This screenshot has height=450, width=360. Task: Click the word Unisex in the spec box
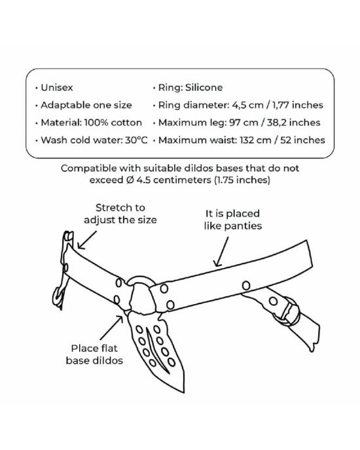pos(57,88)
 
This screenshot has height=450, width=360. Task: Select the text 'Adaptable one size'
pos(86,105)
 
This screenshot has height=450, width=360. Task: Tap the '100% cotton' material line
pos(113,122)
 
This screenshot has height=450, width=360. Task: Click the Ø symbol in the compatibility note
pos(130,181)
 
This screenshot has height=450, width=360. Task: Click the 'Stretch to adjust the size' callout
pos(120,214)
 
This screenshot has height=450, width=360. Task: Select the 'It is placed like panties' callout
pos(233,220)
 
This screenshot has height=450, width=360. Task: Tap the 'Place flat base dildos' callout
pos(94,354)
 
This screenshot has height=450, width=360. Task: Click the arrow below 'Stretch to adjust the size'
pos(87,240)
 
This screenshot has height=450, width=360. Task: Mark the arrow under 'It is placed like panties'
pos(221,252)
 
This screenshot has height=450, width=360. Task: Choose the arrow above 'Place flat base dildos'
pos(112,328)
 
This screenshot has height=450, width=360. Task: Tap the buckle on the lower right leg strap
pos(287,312)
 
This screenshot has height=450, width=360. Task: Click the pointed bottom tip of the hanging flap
pos(183,391)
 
